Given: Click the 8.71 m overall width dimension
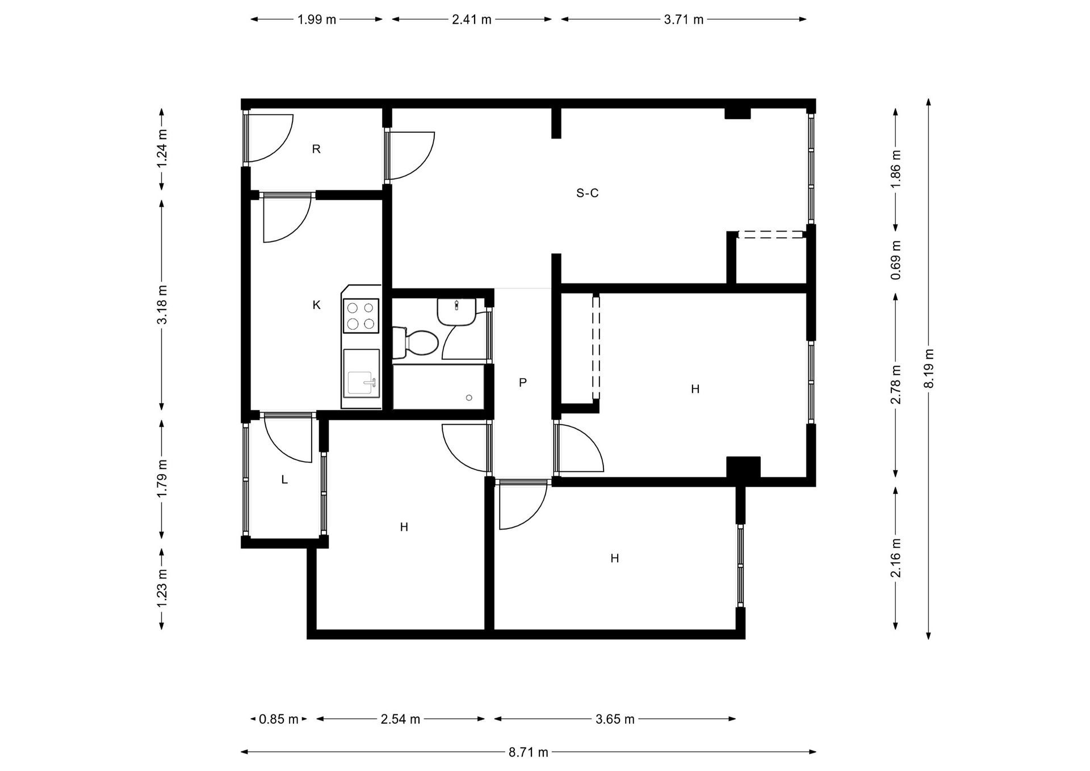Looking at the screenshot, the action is [x=528, y=753].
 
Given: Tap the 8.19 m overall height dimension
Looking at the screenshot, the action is [x=929, y=368].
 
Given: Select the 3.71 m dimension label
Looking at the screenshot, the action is [x=684, y=20].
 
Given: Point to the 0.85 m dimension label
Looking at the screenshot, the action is [x=278, y=719].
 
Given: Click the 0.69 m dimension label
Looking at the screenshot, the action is [x=896, y=260].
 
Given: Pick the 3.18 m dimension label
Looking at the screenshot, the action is [x=162, y=304].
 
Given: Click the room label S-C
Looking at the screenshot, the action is [x=588, y=194].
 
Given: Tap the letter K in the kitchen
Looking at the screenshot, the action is [x=317, y=305].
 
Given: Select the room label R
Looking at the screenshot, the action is [x=317, y=149].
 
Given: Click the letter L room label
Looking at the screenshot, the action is [x=284, y=480].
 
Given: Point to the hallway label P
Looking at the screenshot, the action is [x=523, y=383].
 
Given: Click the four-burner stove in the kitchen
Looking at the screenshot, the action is [x=361, y=316].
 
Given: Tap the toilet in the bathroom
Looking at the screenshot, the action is [x=415, y=342].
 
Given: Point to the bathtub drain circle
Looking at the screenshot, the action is [x=469, y=398].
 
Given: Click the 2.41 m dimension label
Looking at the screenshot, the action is [x=471, y=20].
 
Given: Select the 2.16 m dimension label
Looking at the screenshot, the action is [x=896, y=558].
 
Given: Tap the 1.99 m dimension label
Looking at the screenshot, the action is [x=317, y=20].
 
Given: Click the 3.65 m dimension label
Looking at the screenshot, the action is [x=615, y=719].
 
